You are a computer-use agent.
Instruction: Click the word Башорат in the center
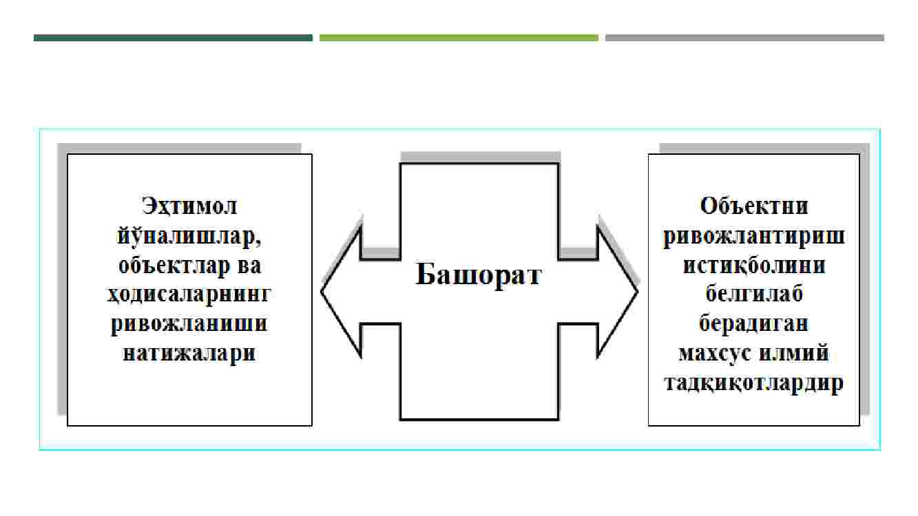(479, 274)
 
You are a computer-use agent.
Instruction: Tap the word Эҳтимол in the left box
(189, 206)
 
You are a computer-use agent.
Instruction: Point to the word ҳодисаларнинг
(189, 295)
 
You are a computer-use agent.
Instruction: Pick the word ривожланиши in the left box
(189, 324)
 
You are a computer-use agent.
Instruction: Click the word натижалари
(189, 353)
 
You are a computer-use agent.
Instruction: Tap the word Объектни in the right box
(754, 206)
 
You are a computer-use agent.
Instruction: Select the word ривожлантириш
(754, 236)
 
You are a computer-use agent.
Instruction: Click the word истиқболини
(754, 266)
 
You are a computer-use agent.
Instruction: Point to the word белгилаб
(754, 294)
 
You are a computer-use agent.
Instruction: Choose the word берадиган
(754, 323)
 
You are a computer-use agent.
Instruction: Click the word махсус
(715, 354)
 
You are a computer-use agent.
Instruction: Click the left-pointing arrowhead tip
(322, 292)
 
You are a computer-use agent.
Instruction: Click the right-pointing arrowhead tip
(637, 292)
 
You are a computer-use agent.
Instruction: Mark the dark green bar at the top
(173, 38)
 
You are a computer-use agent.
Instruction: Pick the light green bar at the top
(459, 38)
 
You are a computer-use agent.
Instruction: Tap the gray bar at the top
(744, 38)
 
